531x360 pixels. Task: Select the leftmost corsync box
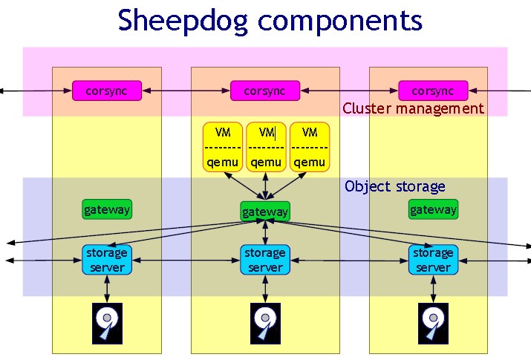[x=106, y=91]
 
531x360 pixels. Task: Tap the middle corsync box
[x=264, y=91]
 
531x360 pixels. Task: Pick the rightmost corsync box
[x=433, y=91]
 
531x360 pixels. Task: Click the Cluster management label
[x=413, y=108]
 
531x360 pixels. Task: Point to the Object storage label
[x=394, y=186]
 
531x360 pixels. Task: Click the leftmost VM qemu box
[x=222, y=146]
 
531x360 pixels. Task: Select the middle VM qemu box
[x=265, y=146]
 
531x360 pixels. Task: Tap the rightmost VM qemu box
[x=310, y=146]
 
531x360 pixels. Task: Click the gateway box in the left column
[x=106, y=209]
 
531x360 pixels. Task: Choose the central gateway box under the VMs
[x=264, y=212]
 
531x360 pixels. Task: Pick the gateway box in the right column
[x=433, y=209]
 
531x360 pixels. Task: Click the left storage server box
[x=106, y=260]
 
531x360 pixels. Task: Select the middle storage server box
[x=264, y=260]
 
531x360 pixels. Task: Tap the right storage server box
[x=432, y=260]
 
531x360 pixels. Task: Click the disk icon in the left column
[x=106, y=323]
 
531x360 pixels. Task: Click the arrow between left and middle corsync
[x=186, y=91]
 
